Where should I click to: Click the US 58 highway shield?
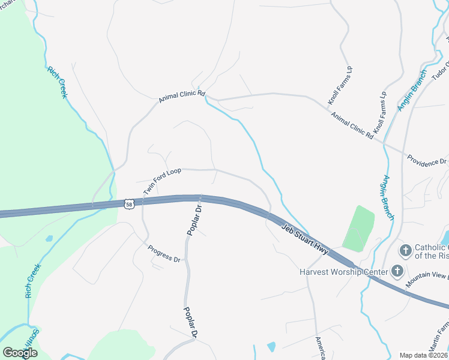(x=129, y=205)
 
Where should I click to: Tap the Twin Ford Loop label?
(x=161, y=181)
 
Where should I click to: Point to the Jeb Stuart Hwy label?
(x=306, y=239)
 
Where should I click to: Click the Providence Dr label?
(x=427, y=161)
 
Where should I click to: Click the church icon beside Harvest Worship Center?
(x=397, y=271)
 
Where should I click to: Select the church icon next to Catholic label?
(x=406, y=250)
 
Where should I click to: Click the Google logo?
(x=20, y=352)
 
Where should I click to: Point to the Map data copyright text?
(x=424, y=355)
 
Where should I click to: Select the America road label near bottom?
(x=321, y=347)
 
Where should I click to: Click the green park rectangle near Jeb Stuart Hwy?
(x=358, y=228)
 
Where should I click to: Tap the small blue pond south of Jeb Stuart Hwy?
(x=271, y=346)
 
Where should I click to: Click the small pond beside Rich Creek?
(x=49, y=238)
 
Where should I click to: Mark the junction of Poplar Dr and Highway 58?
(x=200, y=199)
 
